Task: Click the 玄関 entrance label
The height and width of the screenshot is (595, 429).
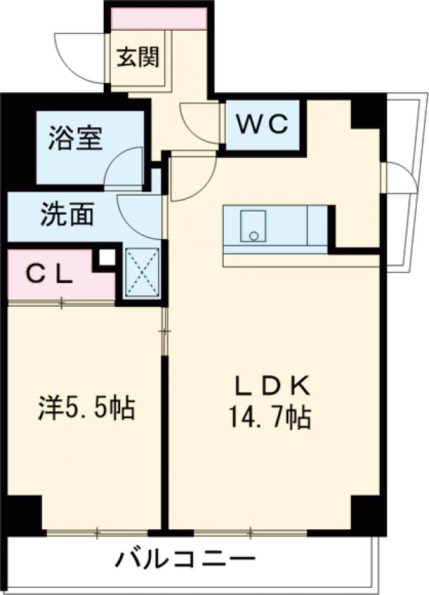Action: pos(139,58)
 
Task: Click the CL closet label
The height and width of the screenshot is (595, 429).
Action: pos(50,274)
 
